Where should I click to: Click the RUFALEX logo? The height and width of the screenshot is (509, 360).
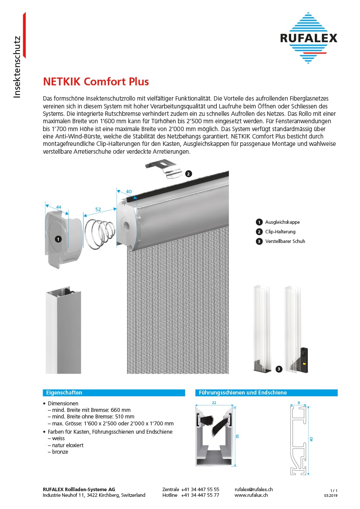pyautogui.click(x=309, y=38)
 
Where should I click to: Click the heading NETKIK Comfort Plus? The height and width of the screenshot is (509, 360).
pyautogui.click(x=96, y=81)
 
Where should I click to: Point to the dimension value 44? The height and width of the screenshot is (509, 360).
pyautogui.click(x=59, y=207)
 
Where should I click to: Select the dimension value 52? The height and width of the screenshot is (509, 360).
pyautogui.click(x=98, y=209)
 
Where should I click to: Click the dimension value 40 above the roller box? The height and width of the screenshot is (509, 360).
pyautogui.click(x=128, y=191)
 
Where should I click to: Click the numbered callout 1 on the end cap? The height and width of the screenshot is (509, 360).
pyautogui.click(x=58, y=239)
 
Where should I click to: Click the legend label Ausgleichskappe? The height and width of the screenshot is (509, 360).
pyautogui.click(x=282, y=222)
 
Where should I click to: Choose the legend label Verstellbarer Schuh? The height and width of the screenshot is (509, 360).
pyautogui.click(x=285, y=241)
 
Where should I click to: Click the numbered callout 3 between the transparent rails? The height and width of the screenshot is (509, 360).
pyautogui.click(x=279, y=369)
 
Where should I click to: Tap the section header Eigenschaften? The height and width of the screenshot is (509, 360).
pyautogui.click(x=64, y=393)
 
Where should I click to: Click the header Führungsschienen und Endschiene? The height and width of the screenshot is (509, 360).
pyautogui.click(x=242, y=393)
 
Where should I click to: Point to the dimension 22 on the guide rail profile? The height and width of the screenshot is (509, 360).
pyautogui.click(x=214, y=403)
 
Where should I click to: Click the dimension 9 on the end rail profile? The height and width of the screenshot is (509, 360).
pyautogui.click(x=298, y=403)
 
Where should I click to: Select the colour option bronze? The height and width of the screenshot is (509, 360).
pyautogui.click(x=60, y=452)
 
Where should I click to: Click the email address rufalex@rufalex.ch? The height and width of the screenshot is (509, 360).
pyautogui.click(x=254, y=489)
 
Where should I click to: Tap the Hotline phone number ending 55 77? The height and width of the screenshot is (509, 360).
pyautogui.click(x=200, y=495)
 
